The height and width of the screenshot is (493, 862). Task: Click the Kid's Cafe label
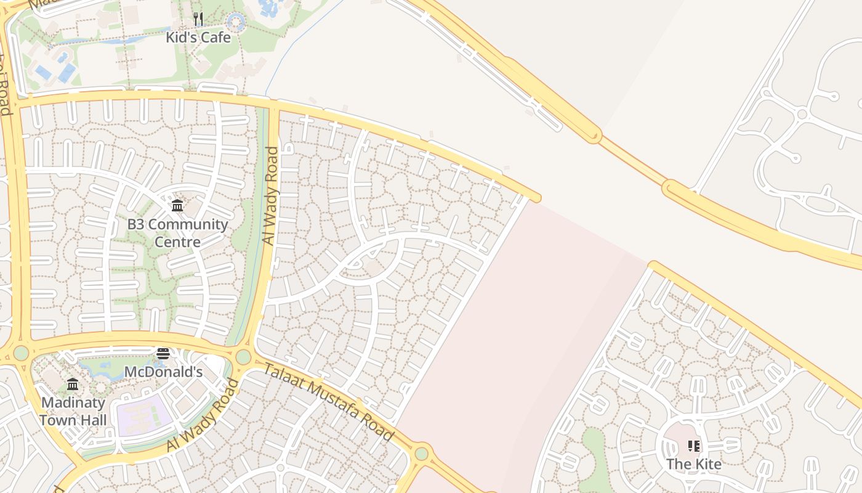[x=198, y=38]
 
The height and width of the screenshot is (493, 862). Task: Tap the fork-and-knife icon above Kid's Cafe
[x=198, y=19]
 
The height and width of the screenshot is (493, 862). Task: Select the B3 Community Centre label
[x=177, y=232]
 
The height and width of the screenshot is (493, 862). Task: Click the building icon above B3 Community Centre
[x=177, y=205]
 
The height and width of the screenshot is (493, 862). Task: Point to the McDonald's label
[x=163, y=372]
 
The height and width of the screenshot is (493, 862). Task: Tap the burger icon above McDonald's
[x=163, y=354]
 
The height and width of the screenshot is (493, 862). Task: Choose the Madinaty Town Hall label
[x=73, y=412]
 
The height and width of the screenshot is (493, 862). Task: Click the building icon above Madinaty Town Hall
[x=73, y=385]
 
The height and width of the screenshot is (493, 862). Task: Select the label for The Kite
[x=694, y=464]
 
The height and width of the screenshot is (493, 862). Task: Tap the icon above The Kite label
[x=694, y=446]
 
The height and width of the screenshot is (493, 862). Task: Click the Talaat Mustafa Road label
[x=329, y=402]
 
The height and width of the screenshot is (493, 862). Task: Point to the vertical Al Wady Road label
[x=270, y=196]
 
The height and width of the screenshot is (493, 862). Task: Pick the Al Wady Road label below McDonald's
[x=203, y=416]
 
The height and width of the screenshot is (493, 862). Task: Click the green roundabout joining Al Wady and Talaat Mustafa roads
[x=243, y=357]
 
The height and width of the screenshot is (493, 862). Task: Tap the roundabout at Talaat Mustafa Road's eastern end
[x=421, y=454]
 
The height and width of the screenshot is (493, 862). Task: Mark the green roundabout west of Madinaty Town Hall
[x=21, y=353]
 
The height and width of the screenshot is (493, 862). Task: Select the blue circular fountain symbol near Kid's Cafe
[x=236, y=23]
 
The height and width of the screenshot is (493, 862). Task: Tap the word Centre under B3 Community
[x=177, y=242]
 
